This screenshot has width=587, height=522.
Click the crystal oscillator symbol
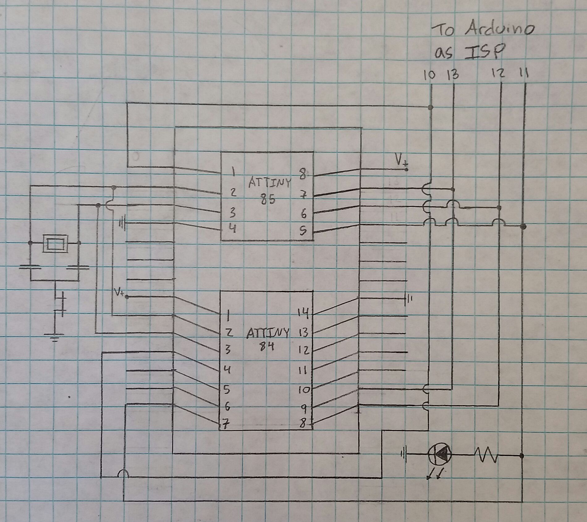coord(55,243)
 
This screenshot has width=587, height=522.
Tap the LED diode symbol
coord(440,454)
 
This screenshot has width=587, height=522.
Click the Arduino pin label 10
coord(429,75)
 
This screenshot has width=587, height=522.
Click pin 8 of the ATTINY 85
coord(303,175)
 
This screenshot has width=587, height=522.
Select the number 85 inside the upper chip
coord(268,200)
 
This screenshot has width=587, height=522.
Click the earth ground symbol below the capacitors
coord(55,337)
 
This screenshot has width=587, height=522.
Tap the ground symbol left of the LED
coord(404,454)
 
